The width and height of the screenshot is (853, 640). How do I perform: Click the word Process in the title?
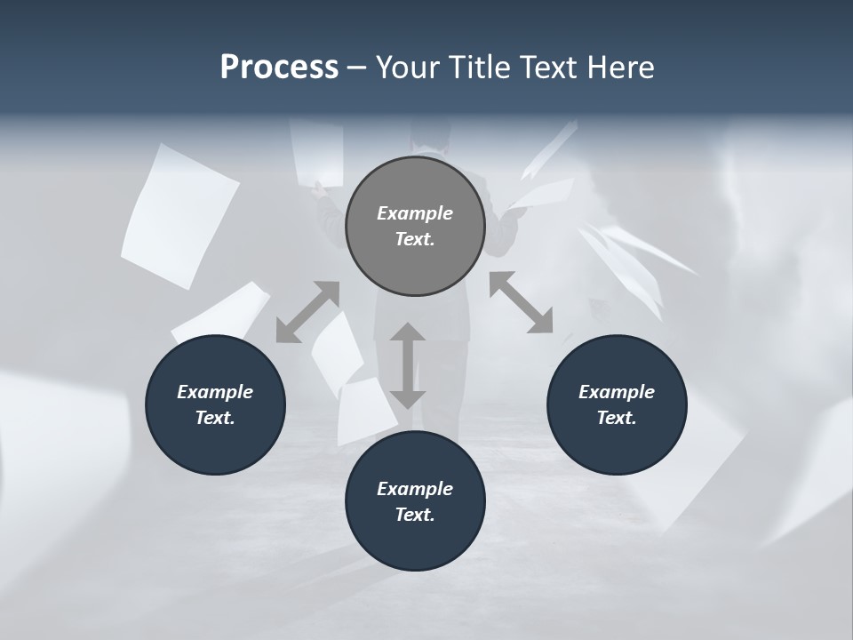click(x=279, y=68)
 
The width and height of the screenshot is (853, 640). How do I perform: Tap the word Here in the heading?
click(x=620, y=68)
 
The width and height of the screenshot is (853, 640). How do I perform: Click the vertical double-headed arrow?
click(x=408, y=365)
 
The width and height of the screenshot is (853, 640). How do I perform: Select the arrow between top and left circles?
click(x=307, y=311)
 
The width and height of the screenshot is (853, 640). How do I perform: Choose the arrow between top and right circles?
click(x=521, y=302)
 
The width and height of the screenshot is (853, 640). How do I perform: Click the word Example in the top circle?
click(x=415, y=213)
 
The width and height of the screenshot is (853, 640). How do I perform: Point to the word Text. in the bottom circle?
click(x=415, y=515)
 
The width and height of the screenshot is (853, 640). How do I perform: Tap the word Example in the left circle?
click(x=215, y=392)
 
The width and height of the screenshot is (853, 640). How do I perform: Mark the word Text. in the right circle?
click(x=617, y=418)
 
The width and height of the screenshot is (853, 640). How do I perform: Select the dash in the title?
click(x=356, y=68)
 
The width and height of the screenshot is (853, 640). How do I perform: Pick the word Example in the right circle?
click(x=617, y=392)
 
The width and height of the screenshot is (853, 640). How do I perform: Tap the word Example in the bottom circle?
click(x=415, y=489)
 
